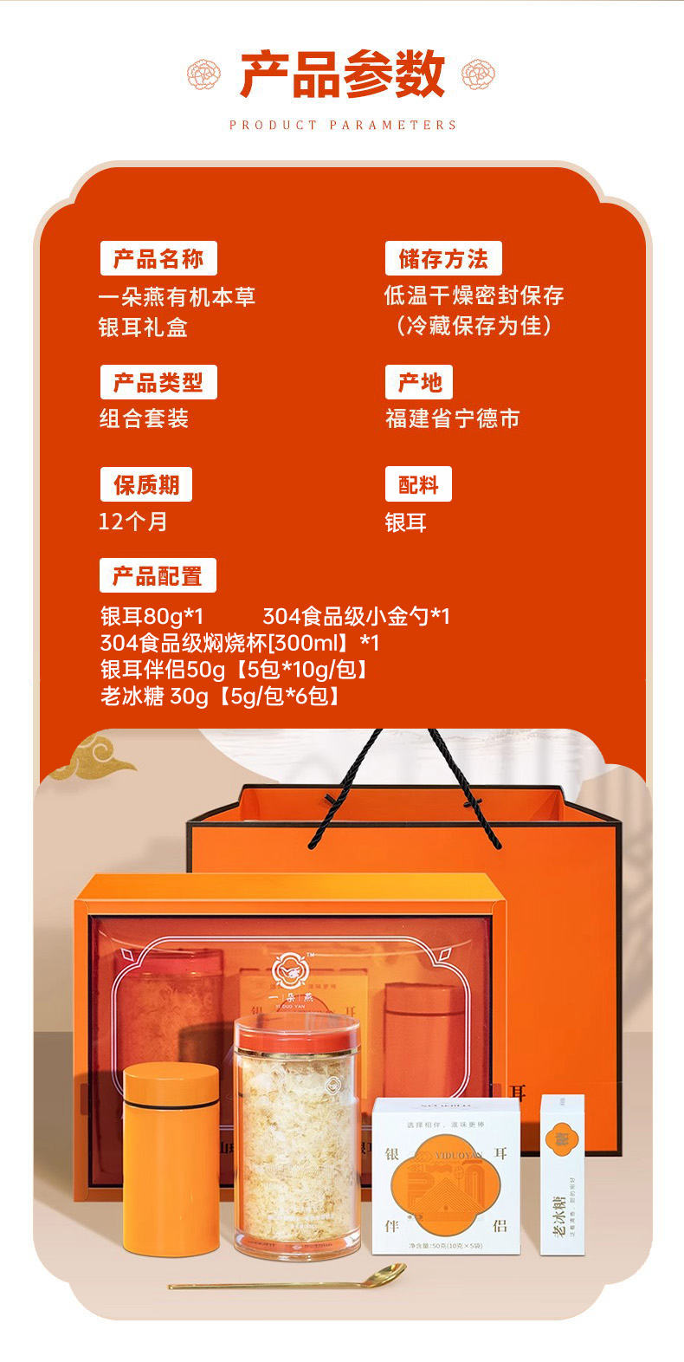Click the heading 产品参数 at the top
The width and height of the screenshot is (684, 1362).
click(342, 75)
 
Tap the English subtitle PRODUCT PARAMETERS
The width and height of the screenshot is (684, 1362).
click(343, 125)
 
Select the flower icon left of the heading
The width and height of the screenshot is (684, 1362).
click(204, 75)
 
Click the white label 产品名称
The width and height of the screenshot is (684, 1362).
click(158, 258)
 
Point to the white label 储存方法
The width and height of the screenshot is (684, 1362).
click(443, 258)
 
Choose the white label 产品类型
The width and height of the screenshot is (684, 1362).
click(158, 382)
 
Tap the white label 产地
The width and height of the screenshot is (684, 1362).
click(419, 382)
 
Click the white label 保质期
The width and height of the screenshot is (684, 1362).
click(145, 484)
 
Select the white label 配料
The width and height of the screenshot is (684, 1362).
click(418, 484)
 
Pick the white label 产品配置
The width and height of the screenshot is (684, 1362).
click(158, 576)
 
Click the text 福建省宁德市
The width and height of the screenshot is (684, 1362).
click(452, 418)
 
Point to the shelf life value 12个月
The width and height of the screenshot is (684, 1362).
click(132, 522)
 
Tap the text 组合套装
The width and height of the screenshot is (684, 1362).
click(144, 418)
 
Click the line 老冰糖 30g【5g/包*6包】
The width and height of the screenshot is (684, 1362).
click(220, 696)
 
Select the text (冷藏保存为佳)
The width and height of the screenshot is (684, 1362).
click(473, 326)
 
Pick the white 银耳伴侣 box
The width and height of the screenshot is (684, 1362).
click(446, 1176)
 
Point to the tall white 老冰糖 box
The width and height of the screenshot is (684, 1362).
click(562, 1174)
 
